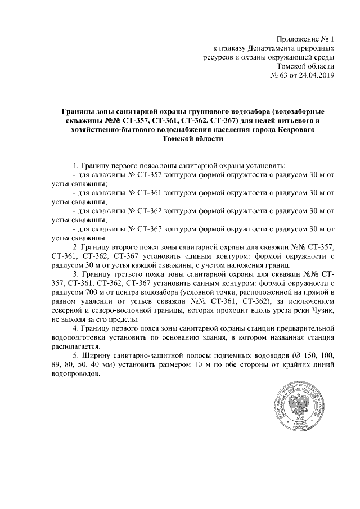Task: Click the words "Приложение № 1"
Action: (306, 39)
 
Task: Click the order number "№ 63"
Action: (280, 76)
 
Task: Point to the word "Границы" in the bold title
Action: (78, 112)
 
